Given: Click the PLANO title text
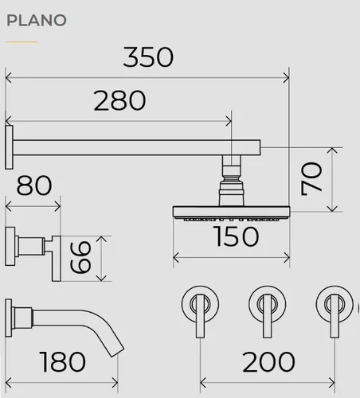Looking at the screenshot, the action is click(x=37, y=21).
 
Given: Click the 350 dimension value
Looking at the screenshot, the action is click(x=148, y=57).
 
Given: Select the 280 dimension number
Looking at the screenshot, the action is click(x=119, y=100).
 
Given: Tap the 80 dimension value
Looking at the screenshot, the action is click(x=34, y=185).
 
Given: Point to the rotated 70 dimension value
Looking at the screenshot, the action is click(x=311, y=179).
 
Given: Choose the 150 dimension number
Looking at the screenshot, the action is click(x=236, y=236).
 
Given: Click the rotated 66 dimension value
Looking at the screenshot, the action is click(x=80, y=257).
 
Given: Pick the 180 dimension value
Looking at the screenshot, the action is click(x=63, y=361).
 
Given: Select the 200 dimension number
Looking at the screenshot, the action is click(x=268, y=361).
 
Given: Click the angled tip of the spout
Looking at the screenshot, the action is click(x=117, y=352).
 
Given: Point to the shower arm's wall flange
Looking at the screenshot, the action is click(x=9, y=147).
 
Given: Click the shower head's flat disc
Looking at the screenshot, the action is click(x=231, y=212).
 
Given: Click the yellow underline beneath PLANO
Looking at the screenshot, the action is click(x=22, y=42).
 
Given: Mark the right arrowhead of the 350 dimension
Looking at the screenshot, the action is click(x=287, y=78).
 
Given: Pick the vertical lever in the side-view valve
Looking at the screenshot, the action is click(x=56, y=259).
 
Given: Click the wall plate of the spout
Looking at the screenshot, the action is click(x=9, y=318).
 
